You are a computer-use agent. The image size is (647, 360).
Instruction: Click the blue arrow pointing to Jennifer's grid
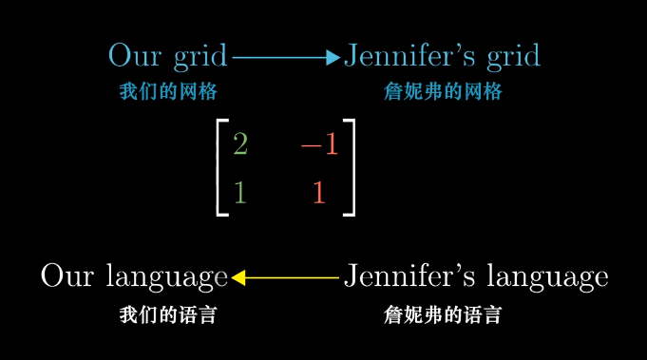[285, 58]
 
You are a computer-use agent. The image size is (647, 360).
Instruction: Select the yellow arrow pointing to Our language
[285, 277]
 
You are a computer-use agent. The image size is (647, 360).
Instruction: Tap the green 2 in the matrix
[239, 144]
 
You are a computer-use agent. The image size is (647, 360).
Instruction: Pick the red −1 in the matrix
[319, 144]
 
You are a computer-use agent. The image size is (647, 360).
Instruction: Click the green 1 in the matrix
[239, 192]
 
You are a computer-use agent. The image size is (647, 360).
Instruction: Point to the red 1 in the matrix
[319, 192]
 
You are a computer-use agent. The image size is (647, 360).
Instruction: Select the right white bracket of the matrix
[349, 168]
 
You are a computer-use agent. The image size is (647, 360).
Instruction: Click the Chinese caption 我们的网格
[168, 92]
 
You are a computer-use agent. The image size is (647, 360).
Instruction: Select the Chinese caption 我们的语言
[168, 314]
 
